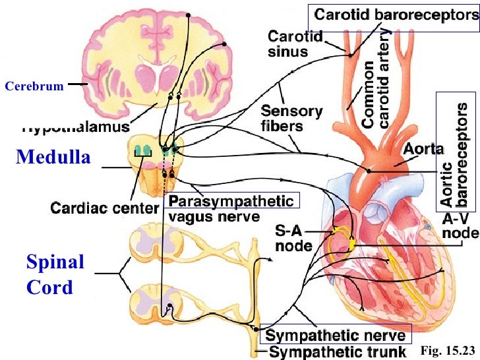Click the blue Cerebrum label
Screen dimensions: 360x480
click(34, 86)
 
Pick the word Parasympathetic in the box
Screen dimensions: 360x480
click(231, 200)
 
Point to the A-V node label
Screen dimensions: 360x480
click(457, 226)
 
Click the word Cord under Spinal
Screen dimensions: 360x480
click(49, 288)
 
